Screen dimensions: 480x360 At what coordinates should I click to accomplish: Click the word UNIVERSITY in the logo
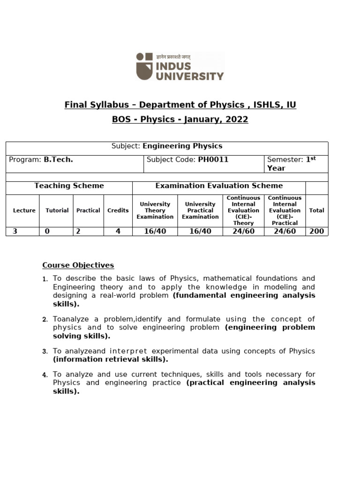coord(190,75)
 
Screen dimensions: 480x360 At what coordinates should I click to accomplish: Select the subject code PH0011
coord(213,159)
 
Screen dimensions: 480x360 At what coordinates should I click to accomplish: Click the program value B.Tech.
coord(58,159)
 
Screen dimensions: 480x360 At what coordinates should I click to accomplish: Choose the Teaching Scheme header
coord(69,186)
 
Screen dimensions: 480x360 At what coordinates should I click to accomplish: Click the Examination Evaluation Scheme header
coord(219,186)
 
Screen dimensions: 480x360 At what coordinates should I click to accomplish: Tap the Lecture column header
coord(24,210)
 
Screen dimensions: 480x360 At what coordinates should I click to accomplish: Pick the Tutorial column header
coord(57,210)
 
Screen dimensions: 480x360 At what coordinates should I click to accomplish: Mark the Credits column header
coord(118,210)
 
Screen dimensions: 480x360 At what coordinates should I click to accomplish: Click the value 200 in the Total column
coord(316,231)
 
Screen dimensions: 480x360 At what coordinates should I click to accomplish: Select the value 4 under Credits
coord(118,231)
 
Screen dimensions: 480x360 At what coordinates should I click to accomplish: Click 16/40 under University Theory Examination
coord(155,231)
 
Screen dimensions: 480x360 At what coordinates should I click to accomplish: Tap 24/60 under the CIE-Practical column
coord(285,231)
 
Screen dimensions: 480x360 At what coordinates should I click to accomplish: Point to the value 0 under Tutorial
coord(47,231)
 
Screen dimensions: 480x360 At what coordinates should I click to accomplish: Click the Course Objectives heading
coord(78,265)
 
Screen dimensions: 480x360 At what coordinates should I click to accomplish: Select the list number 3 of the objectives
coord(45,352)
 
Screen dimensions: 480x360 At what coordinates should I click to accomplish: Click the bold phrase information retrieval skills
coord(110,360)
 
